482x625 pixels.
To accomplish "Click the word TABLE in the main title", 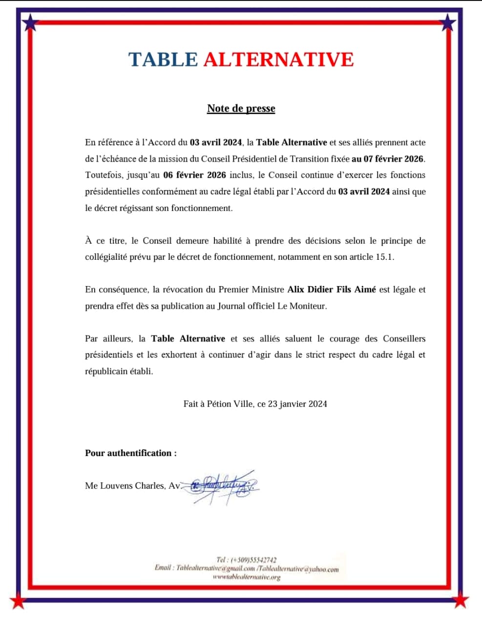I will pyautogui.click(x=163, y=59).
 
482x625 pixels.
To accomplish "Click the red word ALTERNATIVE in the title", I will pyautogui.click(x=278, y=59).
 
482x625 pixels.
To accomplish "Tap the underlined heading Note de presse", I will pyautogui.click(x=241, y=108).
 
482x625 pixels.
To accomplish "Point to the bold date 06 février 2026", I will pyautogui.click(x=194, y=175).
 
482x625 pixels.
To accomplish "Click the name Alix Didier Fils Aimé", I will pyautogui.click(x=332, y=290).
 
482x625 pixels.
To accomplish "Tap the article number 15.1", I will pyautogui.click(x=384, y=257).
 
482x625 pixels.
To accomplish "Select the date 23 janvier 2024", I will pyautogui.click(x=297, y=404).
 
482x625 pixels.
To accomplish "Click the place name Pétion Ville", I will pyautogui.click(x=230, y=404).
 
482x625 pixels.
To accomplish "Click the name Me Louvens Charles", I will pyautogui.click(x=125, y=486).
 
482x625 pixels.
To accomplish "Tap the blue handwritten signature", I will pyautogui.click(x=222, y=486).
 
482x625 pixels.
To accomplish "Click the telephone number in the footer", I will pyautogui.click(x=246, y=560).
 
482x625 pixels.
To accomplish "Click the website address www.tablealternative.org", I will pyautogui.click(x=247, y=577).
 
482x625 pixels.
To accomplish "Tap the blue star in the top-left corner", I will pyautogui.click(x=30, y=21).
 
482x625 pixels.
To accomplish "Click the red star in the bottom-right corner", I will pyautogui.click(x=461, y=601).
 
